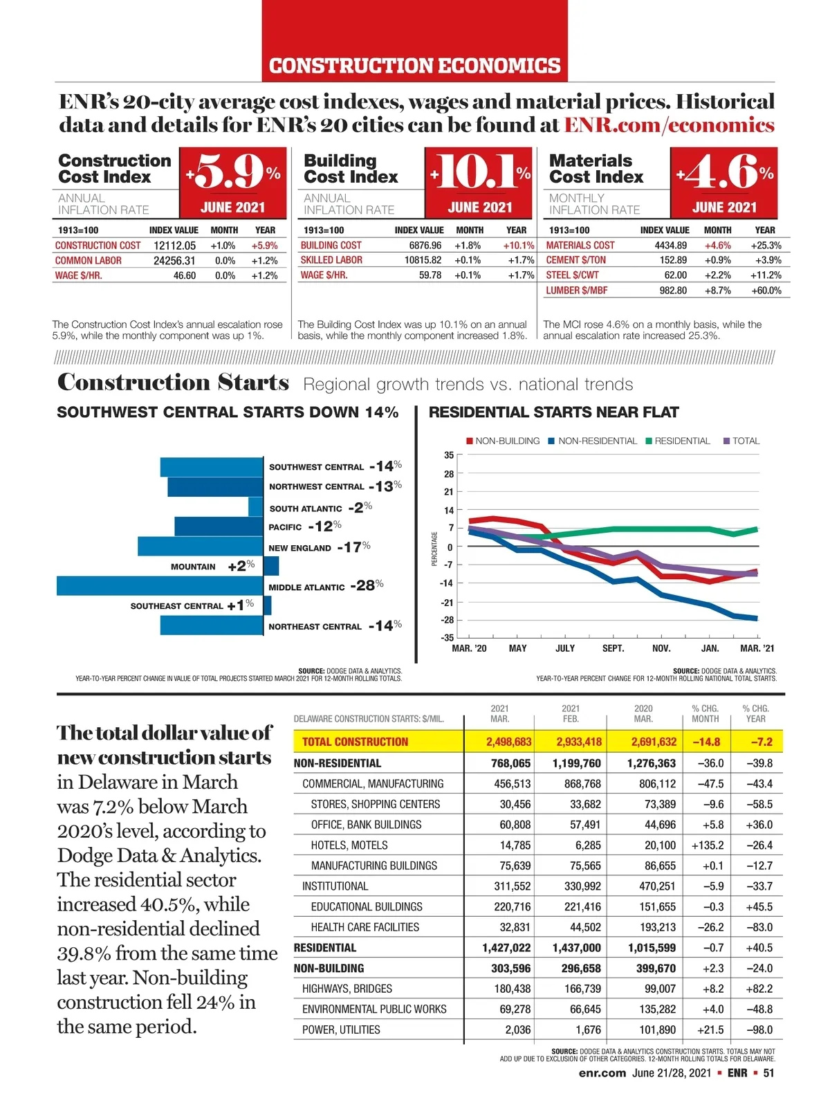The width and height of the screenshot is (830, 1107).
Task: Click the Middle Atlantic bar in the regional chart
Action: click(x=160, y=586)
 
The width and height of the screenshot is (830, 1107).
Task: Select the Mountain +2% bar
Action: click(x=271, y=566)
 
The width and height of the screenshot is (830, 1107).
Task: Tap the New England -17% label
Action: click(x=319, y=547)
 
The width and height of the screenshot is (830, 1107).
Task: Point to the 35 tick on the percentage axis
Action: click(x=449, y=455)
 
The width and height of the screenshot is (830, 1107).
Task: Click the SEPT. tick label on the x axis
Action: click(x=613, y=648)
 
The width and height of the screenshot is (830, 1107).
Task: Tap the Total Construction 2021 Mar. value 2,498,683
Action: click(x=508, y=742)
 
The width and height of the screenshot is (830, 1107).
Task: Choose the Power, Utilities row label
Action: click(x=341, y=1030)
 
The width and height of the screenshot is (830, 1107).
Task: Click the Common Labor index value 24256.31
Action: click(x=174, y=261)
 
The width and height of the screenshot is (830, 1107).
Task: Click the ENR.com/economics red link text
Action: click(x=669, y=125)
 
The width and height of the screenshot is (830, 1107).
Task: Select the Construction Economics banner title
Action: click(x=414, y=66)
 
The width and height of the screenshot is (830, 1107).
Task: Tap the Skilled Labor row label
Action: click(x=331, y=260)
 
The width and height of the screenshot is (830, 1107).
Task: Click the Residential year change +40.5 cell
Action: click(x=759, y=948)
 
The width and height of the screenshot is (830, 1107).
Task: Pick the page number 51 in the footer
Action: click(x=768, y=1073)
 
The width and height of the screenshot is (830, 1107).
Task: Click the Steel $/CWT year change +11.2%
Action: click(x=766, y=275)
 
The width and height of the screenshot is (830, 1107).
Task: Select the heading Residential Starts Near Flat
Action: click(x=553, y=412)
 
